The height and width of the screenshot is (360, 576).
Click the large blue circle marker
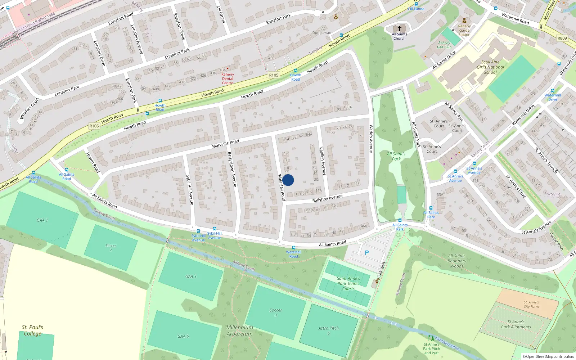point(288,180)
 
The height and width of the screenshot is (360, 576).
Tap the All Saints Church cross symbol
point(400,28)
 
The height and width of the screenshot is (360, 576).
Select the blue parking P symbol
point(367,253)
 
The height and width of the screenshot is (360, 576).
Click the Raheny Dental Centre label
point(228,78)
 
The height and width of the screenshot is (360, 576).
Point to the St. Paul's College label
point(32,330)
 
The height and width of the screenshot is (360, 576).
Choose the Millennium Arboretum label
point(240,330)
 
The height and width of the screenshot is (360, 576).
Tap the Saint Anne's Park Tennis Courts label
point(348,283)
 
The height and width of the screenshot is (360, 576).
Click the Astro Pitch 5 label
point(329,330)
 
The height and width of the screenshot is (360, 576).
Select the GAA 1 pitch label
point(42,220)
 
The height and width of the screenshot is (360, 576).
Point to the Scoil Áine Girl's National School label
point(490,67)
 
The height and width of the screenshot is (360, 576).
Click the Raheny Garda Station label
point(464,30)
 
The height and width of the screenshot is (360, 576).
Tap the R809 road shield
point(562,38)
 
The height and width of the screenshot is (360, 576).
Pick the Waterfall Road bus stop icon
point(294,248)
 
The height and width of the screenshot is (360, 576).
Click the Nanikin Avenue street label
point(323,161)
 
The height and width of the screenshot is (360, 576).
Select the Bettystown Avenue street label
point(232,169)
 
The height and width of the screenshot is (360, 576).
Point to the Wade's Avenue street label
point(371,139)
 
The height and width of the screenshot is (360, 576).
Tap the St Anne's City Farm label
point(531,305)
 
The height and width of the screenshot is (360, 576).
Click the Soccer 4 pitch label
point(276,312)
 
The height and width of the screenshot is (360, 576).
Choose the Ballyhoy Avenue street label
point(327,198)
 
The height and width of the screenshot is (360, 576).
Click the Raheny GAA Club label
point(444,45)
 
